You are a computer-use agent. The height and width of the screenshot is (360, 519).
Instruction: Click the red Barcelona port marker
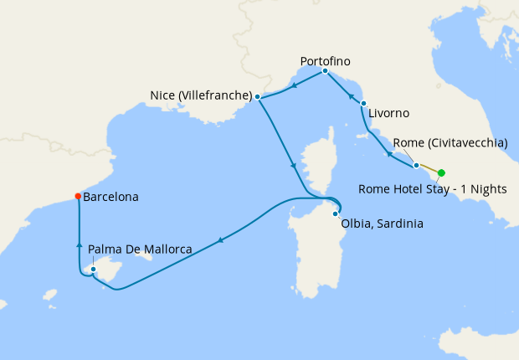(x=78, y=197)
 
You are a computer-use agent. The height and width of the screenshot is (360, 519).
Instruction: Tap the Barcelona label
(x=111, y=198)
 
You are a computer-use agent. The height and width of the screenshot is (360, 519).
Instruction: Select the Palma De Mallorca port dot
(x=93, y=269)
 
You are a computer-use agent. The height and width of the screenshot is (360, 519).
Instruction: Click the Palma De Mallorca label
(x=140, y=249)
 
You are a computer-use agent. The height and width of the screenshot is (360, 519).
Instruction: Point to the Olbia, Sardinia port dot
(x=335, y=214)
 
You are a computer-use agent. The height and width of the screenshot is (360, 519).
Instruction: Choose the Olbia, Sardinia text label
(x=382, y=224)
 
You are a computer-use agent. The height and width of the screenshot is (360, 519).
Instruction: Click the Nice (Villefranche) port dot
(x=258, y=97)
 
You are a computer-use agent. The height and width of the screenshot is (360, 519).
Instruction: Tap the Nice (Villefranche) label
(x=201, y=95)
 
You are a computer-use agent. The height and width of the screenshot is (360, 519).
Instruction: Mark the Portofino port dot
(x=324, y=71)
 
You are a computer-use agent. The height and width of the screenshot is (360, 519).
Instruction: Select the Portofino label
(x=325, y=61)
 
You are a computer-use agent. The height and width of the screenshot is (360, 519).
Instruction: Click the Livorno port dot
(x=363, y=103)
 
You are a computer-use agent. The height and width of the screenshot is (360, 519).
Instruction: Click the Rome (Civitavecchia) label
(x=450, y=143)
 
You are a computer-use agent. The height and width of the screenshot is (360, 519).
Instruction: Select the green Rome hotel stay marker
(x=441, y=173)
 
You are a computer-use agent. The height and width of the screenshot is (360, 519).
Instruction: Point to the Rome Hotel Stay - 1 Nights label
(x=432, y=188)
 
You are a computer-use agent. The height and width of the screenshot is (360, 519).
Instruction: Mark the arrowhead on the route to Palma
(x=220, y=241)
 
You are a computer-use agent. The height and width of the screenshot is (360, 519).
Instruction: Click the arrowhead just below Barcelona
(x=79, y=245)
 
